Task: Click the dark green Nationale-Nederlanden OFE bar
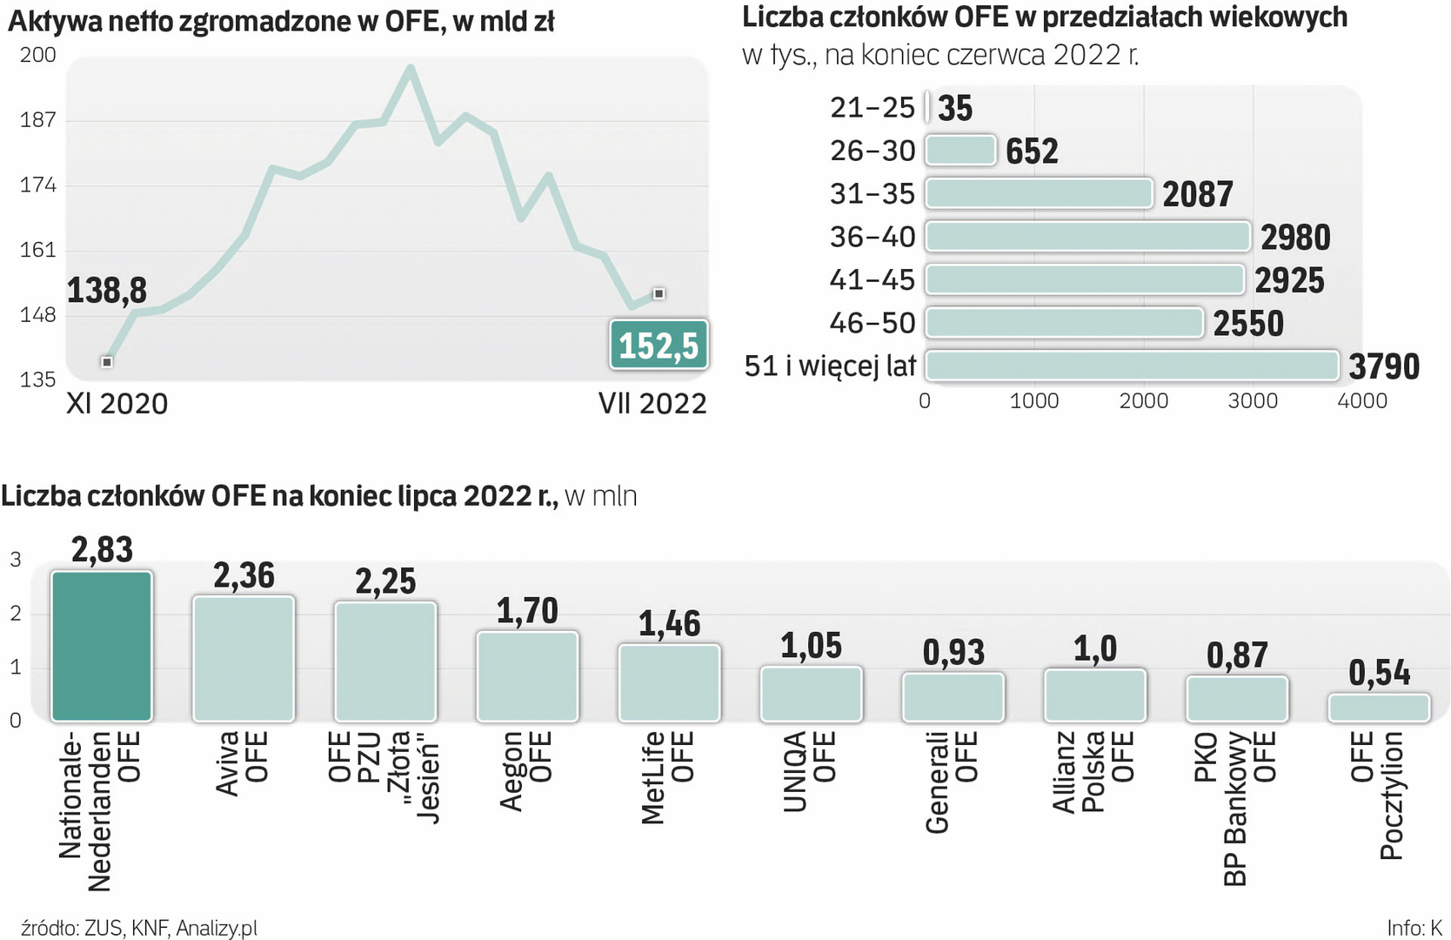pyautogui.click(x=102, y=646)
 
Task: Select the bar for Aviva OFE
pyautogui.click(x=244, y=658)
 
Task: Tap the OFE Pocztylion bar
pyautogui.click(x=1379, y=708)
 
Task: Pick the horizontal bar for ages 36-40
pyautogui.click(x=1087, y=237)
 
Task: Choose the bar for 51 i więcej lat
pyautogui.click(x=1132, y=366)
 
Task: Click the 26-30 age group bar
pyautogui.click(x=960, y=151)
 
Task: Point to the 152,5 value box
pyautogui.click(x=659, y=346)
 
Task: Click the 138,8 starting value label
pyautogui.click(x=107, y=291)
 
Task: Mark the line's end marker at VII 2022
pyautogui.click(x=659, y=294)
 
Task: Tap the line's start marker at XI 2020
pyautogui.click(x=107, y=361)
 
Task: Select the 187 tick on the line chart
pyautogui.click(x=37, y=120)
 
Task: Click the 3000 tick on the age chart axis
pyautogui.click(x=1253, y=401)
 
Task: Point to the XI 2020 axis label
pyautogui.click(x=117, y=404)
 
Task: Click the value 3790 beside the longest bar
pyautogui.click(x=1384, y=366)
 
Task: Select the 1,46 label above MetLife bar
pyautogui.click(x=669, y=623)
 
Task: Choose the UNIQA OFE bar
pyautogui.click(x=811, y=694)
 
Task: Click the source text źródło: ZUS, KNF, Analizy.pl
pyautogui.click(x=139, y=929)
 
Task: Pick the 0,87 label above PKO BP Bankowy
pyautogui.click(x=1237, y=655)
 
